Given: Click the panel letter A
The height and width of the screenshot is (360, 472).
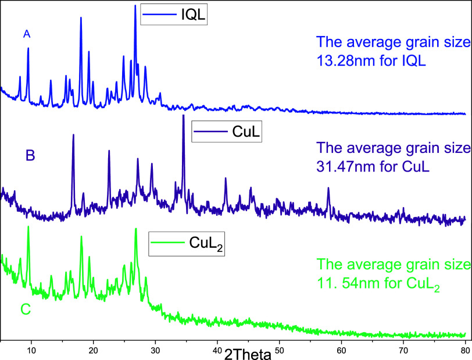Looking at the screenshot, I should coord(26,35).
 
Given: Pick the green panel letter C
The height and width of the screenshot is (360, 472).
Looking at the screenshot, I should coord(26,310).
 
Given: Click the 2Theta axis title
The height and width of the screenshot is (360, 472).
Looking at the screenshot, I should coord(247,353).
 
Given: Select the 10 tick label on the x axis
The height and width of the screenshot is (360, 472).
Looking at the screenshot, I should coord(31,350).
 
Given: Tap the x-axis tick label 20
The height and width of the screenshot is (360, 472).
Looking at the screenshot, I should coord(93,350).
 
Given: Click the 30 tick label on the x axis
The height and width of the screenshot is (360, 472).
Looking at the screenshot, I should coord(155,350).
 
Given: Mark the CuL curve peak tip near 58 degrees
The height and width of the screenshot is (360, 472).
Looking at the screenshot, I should coord(328,188).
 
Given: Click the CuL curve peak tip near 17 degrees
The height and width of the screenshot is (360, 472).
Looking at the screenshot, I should coord(73,135).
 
